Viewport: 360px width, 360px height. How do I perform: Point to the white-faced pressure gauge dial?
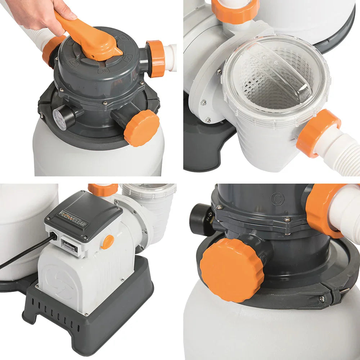point(60,119)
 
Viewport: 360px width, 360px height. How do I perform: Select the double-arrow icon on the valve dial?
point(104,71)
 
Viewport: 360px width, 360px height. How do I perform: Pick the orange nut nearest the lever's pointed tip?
point(156,58)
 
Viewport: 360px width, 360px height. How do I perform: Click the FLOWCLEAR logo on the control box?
point(73,218)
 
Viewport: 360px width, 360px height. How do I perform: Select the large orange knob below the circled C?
point(232,270)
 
